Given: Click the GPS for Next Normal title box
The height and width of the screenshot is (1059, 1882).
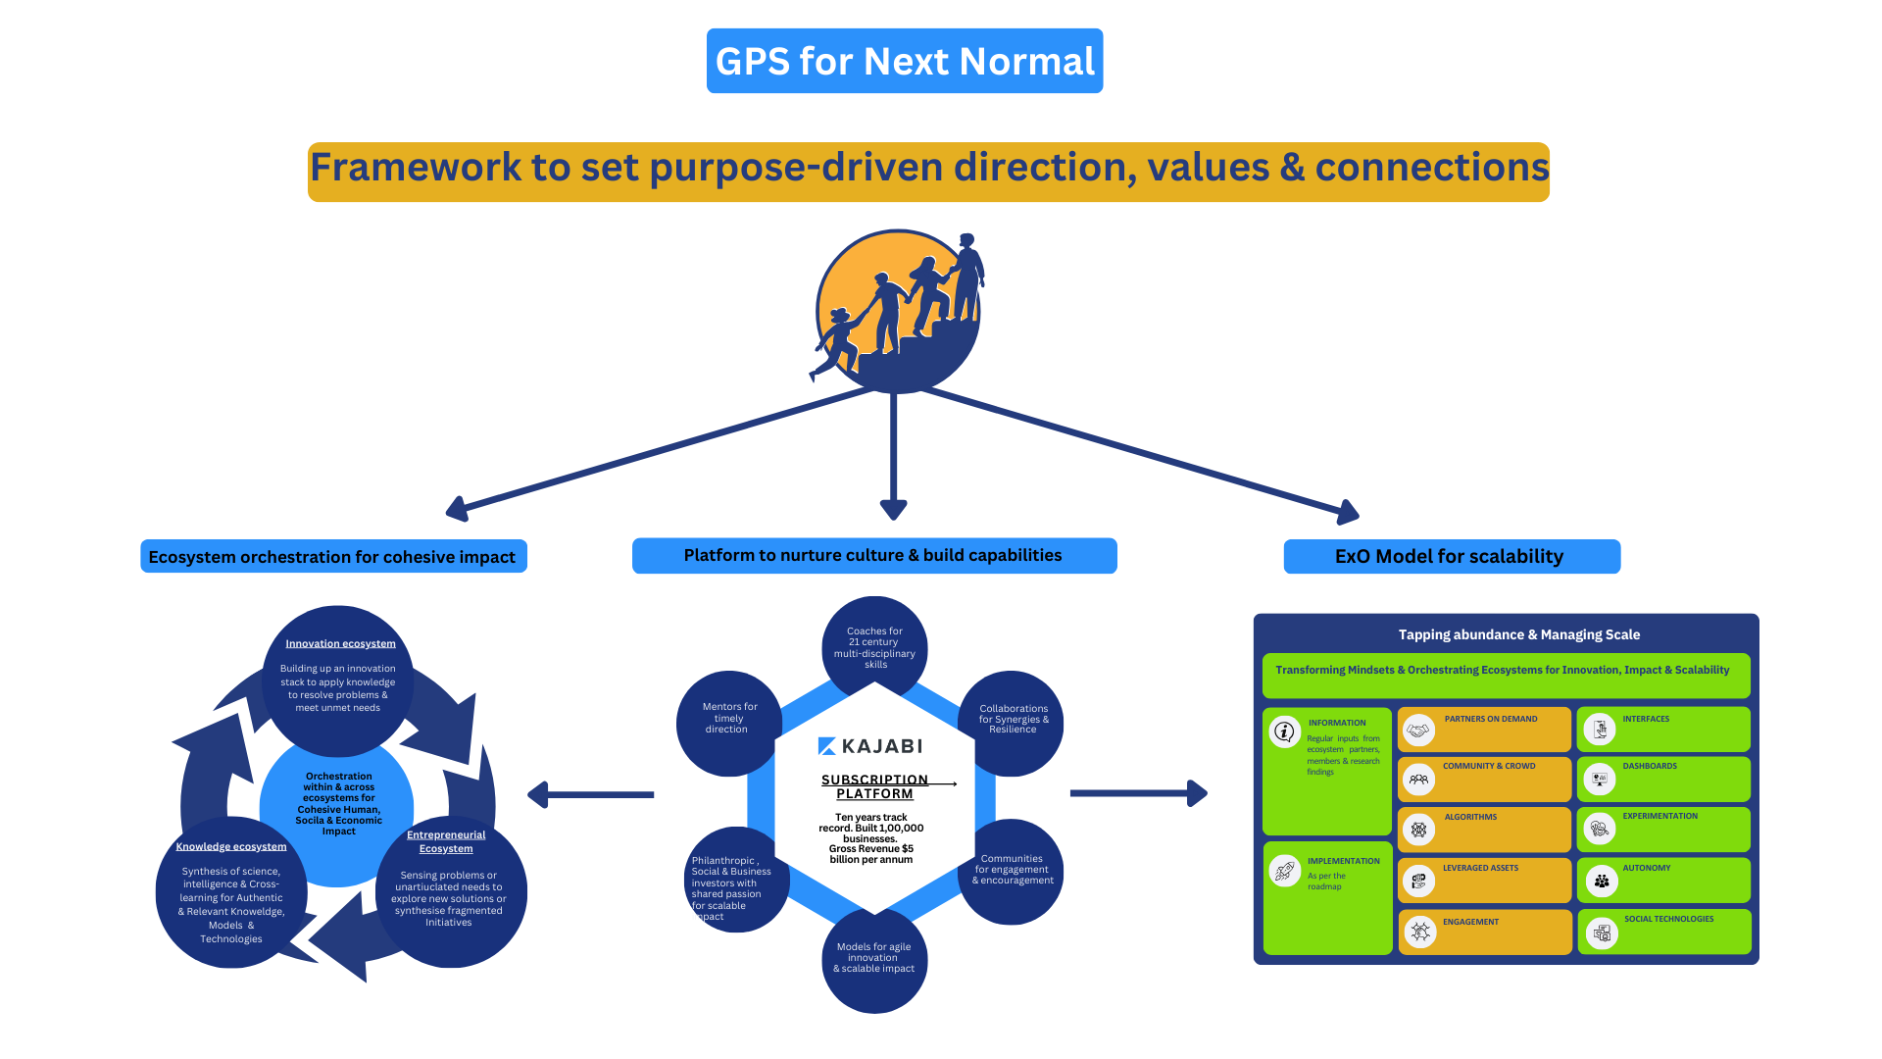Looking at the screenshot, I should point(905,61).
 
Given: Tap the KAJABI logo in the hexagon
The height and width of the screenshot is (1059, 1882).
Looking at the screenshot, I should point(870,746).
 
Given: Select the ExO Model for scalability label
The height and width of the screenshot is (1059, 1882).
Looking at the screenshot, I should point(1450,556).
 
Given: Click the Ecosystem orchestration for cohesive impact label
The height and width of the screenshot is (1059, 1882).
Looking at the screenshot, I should point(332,557).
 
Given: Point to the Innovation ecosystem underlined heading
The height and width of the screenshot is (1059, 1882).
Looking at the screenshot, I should point(340,644).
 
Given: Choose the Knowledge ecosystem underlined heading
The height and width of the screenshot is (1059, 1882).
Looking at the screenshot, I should point(231,847).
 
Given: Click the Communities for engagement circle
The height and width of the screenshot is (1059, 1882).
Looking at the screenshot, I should point(1013,871).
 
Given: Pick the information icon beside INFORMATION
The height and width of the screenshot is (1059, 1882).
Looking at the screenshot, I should point(1284,731).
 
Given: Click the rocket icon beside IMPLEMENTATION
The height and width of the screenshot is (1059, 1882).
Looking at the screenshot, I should point(1284,870).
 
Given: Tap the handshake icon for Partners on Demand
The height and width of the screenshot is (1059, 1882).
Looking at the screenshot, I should point(1418,731).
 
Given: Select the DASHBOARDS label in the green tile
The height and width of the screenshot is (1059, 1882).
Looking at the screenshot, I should point(1650,766).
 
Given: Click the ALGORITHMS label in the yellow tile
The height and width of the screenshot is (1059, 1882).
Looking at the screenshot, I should point(1470,817).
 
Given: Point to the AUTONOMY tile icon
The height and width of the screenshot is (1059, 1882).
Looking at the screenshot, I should point(1601,881).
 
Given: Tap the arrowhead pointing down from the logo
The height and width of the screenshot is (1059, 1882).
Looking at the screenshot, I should point(893,509).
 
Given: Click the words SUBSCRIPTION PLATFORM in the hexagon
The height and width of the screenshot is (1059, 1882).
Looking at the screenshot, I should point(874,786).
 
